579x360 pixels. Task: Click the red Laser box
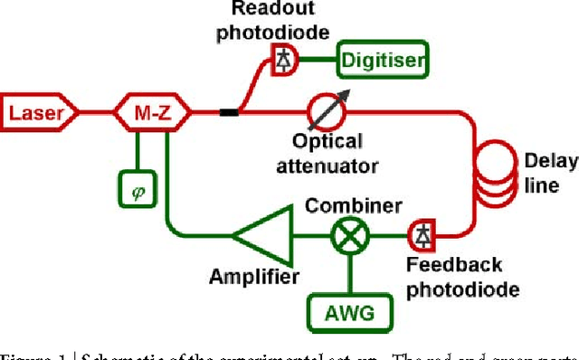tap(41, 113)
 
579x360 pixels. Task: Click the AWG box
tap(351, 314)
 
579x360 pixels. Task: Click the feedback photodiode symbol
tap(421, 235)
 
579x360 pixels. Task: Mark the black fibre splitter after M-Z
tap(229, 113)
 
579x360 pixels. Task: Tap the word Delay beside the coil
tap(551, 163)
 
